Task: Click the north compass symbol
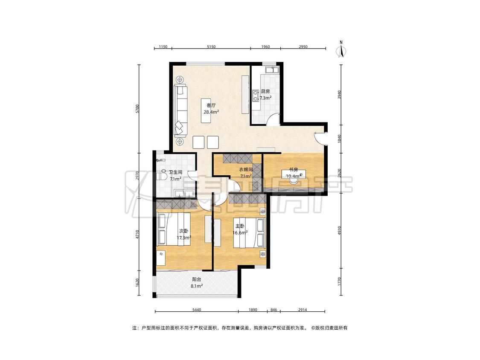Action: click(x=341, y=49)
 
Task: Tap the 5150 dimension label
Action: click(x=211, y=47)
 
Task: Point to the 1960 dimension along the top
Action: click(x=265, y=47)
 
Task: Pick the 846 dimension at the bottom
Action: click(x=273, y=310)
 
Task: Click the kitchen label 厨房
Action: click(x=265, y=91)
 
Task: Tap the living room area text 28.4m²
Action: click(x=211, y=112)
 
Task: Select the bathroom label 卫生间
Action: click(x=175, y=172)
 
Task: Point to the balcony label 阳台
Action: click(x=197, y=279)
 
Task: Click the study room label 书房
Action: click(x=294, y=169)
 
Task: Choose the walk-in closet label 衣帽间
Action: click(x=246, y=169)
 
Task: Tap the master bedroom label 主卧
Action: click(x=240, y=226)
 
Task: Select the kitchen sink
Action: click(x=271, y=70)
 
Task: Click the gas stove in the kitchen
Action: click(x=255, y=95)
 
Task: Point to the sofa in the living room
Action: click(x=180, y=110)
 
